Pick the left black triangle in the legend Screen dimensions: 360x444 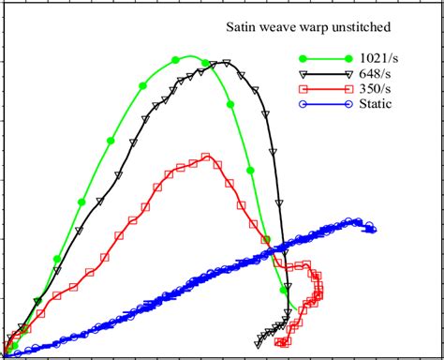pos(300,73)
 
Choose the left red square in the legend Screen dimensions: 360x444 pos(300,88)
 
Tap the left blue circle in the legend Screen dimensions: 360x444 pos(300,103)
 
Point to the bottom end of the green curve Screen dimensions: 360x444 pos(292,307)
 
